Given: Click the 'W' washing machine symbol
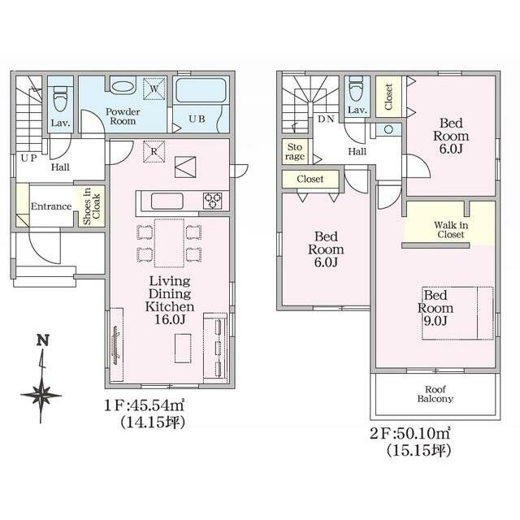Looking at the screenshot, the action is pos(154,89).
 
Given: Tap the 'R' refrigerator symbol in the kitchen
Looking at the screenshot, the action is pos(154,152).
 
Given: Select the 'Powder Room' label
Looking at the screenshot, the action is pos(123,116).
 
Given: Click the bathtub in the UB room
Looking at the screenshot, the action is pos(201,90).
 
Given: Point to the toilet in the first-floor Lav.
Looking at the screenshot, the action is pos(60,97).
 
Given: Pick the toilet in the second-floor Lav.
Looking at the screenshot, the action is pos(357,89).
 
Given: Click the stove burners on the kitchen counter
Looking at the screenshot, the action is pos(213,201).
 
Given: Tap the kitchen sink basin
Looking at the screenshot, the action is pos(167,201).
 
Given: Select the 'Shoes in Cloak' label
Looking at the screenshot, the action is pos(92,206).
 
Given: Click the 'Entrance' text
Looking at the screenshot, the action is pos(51,206).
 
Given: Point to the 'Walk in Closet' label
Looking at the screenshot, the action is pos(451,230).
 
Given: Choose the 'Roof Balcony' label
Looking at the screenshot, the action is pos(435,394).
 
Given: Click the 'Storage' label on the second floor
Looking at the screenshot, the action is pos(294,152).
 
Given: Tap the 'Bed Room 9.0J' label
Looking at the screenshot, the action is pos(435,308).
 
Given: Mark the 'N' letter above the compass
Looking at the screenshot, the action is pos(43,340).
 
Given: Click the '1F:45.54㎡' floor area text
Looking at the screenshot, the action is pos(145,405).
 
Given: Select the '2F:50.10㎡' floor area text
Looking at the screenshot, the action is pos(410,433).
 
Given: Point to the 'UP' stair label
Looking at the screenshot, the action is pos(29,158).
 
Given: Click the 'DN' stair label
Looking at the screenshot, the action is pos(326,119).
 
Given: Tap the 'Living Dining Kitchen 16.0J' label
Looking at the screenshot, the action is pos(170,300).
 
